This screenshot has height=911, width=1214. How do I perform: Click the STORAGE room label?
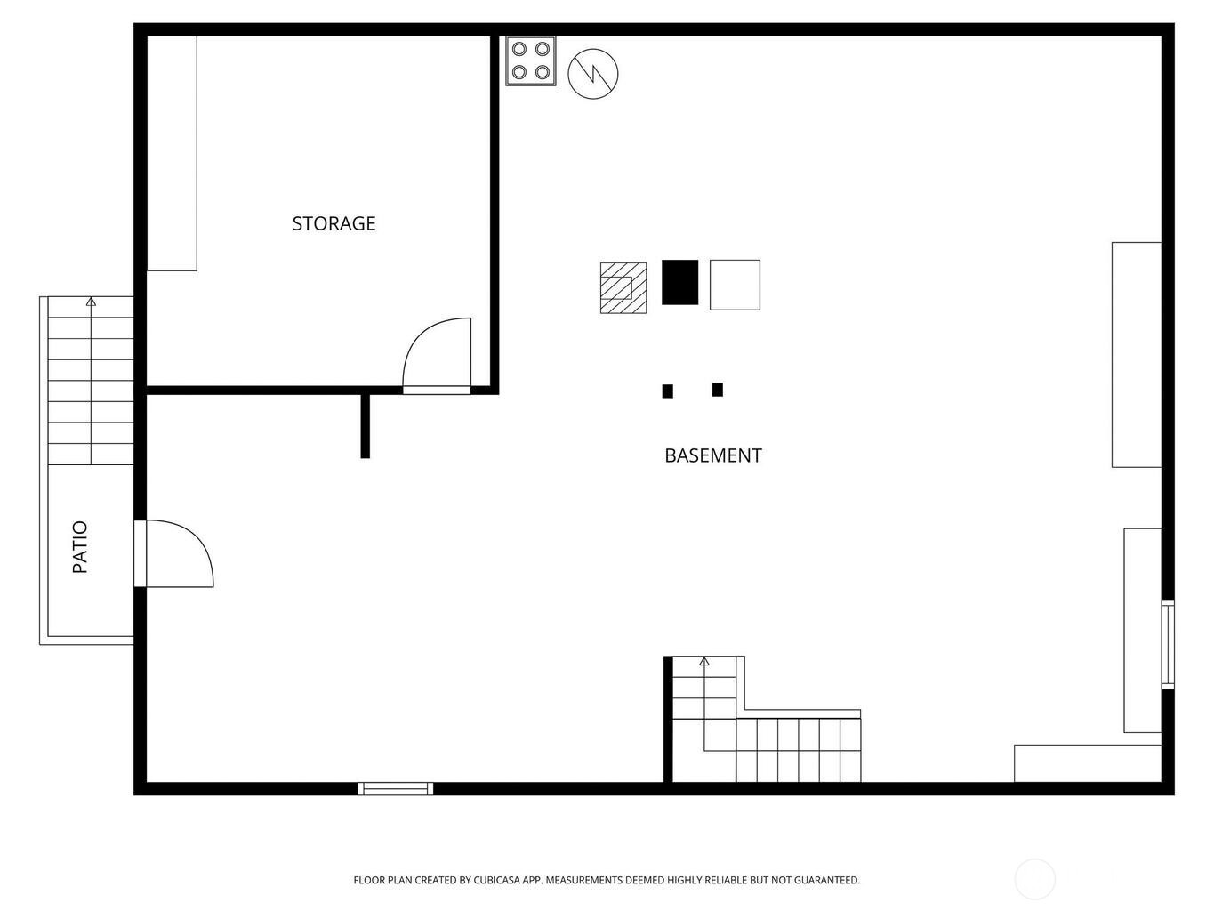[x=334, y=223]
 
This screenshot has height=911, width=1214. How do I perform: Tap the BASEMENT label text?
[x=713, y=455]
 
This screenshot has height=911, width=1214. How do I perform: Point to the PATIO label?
[x=80, y=546]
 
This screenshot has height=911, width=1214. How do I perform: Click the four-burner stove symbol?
[x=530, y=60]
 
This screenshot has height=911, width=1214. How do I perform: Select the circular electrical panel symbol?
[x=593, y=74]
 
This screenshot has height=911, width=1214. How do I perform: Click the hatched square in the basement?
[x=623, y=287]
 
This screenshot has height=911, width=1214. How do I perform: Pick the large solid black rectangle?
[x=679, y=282]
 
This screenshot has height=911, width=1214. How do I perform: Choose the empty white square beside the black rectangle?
[x=735, y=285]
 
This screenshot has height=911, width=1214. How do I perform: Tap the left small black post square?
[x=668, y=391]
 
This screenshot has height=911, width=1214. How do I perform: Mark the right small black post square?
[x=718, y=390]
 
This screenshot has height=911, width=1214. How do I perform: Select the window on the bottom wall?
[x=396, y=789]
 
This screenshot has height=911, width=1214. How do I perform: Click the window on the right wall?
[x=1168, y=644]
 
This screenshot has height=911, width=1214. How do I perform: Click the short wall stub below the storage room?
[x=365, y=426]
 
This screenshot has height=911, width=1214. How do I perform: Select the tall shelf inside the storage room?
[x=172, y=154]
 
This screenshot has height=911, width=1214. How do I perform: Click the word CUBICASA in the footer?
[x=497, y=880]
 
